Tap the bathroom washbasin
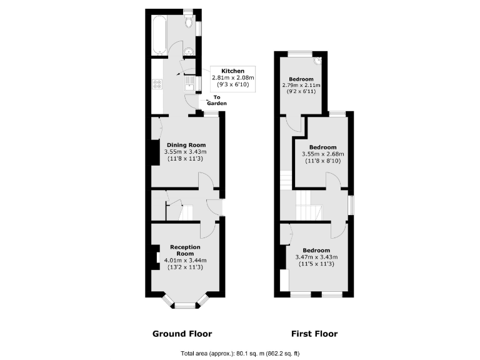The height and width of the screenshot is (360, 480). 191,51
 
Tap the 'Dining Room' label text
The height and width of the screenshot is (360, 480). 186,145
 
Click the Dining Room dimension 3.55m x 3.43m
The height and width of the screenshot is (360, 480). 185,152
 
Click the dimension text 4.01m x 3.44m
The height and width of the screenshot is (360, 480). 185,261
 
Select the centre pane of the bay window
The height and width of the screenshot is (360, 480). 184,306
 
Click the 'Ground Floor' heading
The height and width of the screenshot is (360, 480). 182,333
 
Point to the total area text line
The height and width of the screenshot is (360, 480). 239,352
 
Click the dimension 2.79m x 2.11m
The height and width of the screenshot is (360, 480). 301,85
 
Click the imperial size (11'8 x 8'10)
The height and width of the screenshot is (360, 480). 322,161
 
